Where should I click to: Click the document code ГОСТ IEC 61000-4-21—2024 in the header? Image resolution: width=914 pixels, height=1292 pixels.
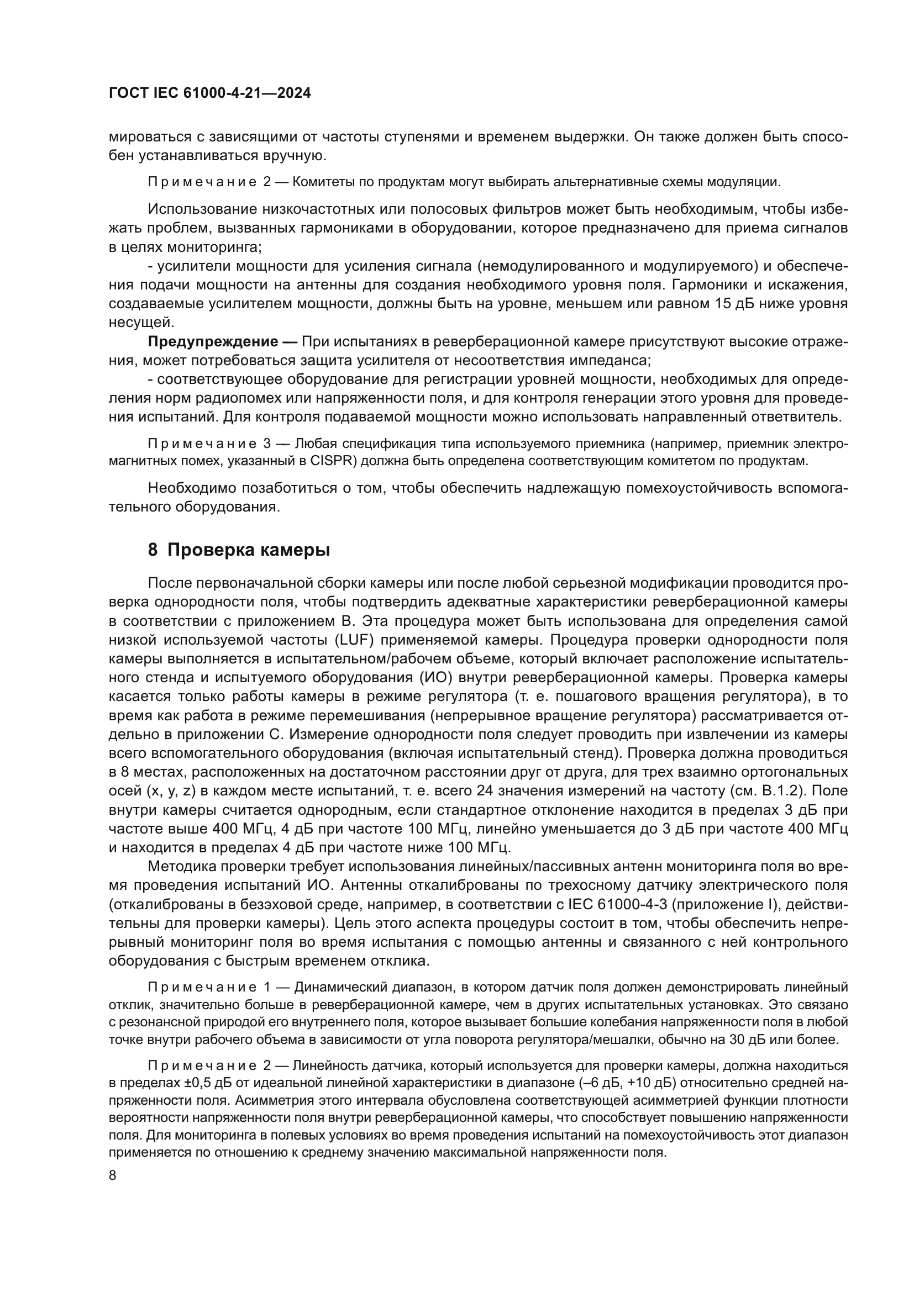pyautogui.click(x=209, y=93)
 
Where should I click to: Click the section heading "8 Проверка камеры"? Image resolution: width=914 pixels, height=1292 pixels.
pyautogui.click(x=239, y=549)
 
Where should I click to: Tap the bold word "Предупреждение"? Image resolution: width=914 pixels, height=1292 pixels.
pyautogui.click(x=213, y=341)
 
